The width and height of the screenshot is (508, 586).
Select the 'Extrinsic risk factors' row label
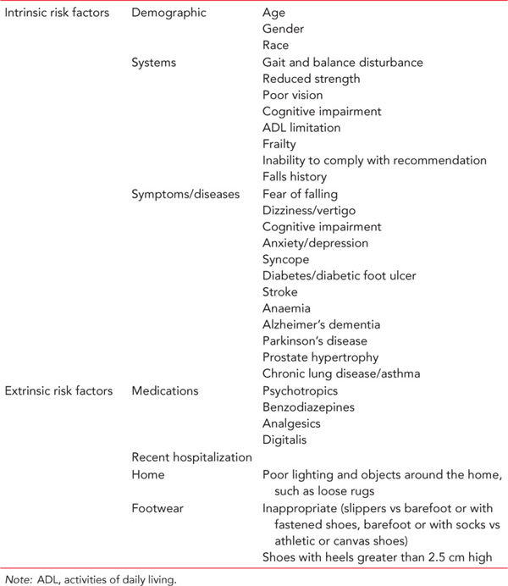click(x=57, y=391)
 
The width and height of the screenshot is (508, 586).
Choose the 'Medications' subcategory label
click(x=165, y=391)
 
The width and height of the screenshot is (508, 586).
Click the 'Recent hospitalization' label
click(x=192, y=456)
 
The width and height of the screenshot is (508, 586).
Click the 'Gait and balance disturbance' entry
click(x=343, y=63)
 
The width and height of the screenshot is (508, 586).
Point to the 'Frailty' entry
click(x=279, y=145)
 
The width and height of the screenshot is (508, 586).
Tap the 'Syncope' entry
click(x=285, y=259)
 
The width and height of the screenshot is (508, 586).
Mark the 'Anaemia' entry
click(x=286, y=308)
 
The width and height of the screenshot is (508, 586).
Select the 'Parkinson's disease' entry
click(x=315, y=341)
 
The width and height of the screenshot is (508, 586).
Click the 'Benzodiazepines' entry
click(x=307, y=407)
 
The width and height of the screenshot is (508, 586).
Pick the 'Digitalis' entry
click(x=284, y=440)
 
